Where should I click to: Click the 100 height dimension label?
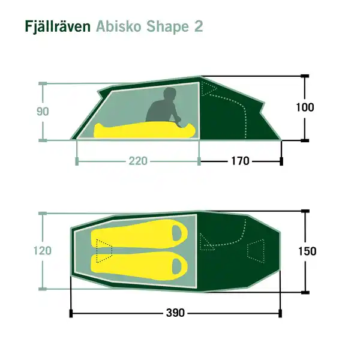(305, 107)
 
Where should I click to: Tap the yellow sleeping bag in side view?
(144, 130)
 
